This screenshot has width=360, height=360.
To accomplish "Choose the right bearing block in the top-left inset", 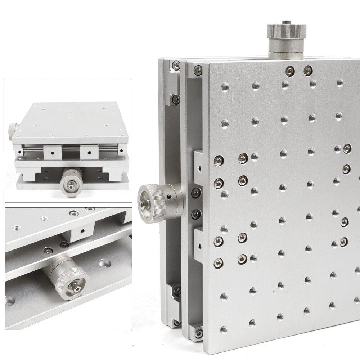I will coord(89,152).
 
